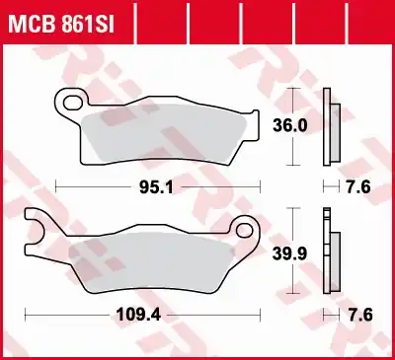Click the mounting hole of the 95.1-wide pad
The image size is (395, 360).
click(x=70, y=99)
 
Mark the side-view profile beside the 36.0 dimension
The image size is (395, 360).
click(x=333, y=124)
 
